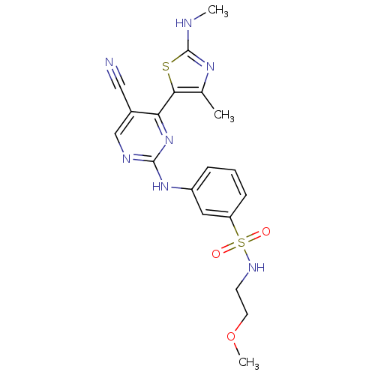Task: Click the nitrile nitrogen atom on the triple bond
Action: tap(109, 62)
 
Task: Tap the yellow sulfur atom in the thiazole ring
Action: tap(166, 67)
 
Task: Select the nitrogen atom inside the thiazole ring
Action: tap(210, 67)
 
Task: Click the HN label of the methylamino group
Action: tap(184, 23)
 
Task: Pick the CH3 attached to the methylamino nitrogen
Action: tap(218, 11)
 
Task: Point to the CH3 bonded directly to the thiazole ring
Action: tap(224, 115)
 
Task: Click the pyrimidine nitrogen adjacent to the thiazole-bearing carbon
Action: tap(169, 140)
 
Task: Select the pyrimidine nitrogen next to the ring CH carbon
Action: tap(127, 159)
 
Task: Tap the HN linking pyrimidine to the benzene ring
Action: tap(160, 186)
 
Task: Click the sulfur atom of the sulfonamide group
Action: tap(241, 242)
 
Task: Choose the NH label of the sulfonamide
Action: tap(256, 268)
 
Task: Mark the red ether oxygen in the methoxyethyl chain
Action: tap(231, 336)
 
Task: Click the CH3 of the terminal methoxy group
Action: tap(248, 362)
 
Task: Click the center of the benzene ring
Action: tap(219, 192)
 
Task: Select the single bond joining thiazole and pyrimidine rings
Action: tap(166, 103)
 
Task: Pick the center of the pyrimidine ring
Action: tap(142, 137)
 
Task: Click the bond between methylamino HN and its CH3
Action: tap(199, 16)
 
